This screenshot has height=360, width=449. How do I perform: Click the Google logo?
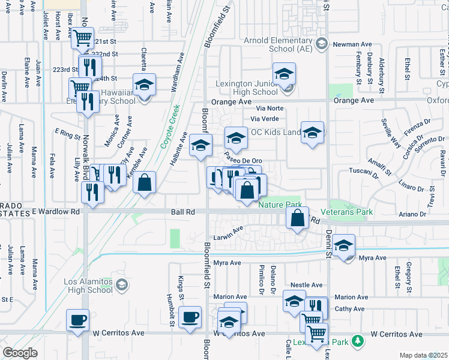[20, 353]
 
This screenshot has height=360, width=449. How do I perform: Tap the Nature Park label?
[279, 205]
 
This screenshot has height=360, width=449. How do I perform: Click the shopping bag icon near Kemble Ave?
[145, 182]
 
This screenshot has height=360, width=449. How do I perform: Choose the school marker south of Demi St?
[344, 245]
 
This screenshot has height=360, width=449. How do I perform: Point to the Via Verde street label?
[270, 118]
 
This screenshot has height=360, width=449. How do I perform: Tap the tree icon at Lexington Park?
[358, 341]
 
